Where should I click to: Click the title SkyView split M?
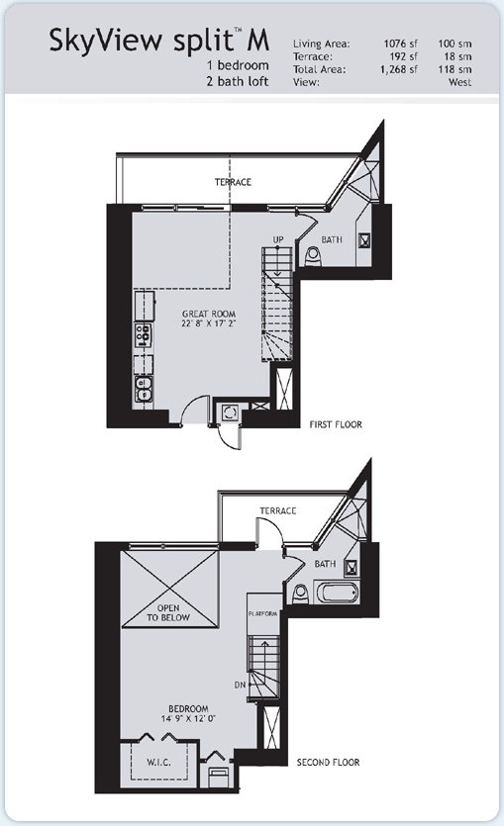point(159,41)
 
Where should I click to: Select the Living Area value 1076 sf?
point(400,44)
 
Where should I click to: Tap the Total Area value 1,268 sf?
point(399,69)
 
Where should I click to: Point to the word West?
point(459,82)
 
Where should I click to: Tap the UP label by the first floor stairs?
point(278,239)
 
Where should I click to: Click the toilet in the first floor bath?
point(313,256)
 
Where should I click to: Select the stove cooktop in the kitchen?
point(143,335)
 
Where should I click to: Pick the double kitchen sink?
point(143,390)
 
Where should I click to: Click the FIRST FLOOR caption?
point(336,424)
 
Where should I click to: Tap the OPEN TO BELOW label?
point(168,612)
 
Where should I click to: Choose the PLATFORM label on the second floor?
point(263,614)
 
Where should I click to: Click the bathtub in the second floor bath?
point(337,593)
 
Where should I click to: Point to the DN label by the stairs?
point(240,685)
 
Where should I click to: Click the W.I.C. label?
point(158,762)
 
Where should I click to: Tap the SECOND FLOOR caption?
point(328,762)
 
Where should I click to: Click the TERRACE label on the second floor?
point(278,510)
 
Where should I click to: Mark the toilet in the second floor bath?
point(300,594)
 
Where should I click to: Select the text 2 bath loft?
point(238,81)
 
